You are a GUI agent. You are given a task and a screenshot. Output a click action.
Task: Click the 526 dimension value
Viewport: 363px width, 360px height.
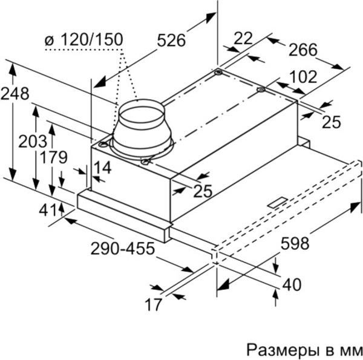coord(171,41)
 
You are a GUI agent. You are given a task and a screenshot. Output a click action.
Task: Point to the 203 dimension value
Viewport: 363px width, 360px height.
coord(32,142)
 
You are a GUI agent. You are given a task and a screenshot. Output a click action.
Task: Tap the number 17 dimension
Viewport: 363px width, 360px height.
coord(154,304)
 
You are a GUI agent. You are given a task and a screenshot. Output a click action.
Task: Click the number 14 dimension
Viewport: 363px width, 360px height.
coord(103,168)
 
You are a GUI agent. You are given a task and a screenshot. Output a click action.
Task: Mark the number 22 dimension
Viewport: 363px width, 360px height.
coord(243,39)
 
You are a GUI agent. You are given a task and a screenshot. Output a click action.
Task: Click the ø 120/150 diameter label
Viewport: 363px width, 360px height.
coord(84,40)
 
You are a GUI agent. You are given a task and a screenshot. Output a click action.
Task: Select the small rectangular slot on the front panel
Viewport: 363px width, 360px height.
coord(279,203)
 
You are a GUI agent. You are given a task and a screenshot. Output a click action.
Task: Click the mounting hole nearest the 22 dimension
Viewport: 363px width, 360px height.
coord(218,73)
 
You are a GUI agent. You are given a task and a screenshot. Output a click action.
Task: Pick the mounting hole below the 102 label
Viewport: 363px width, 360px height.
coord(261,91)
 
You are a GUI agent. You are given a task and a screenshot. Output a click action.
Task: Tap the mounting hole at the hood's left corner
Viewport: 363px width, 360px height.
coord(104,145)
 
